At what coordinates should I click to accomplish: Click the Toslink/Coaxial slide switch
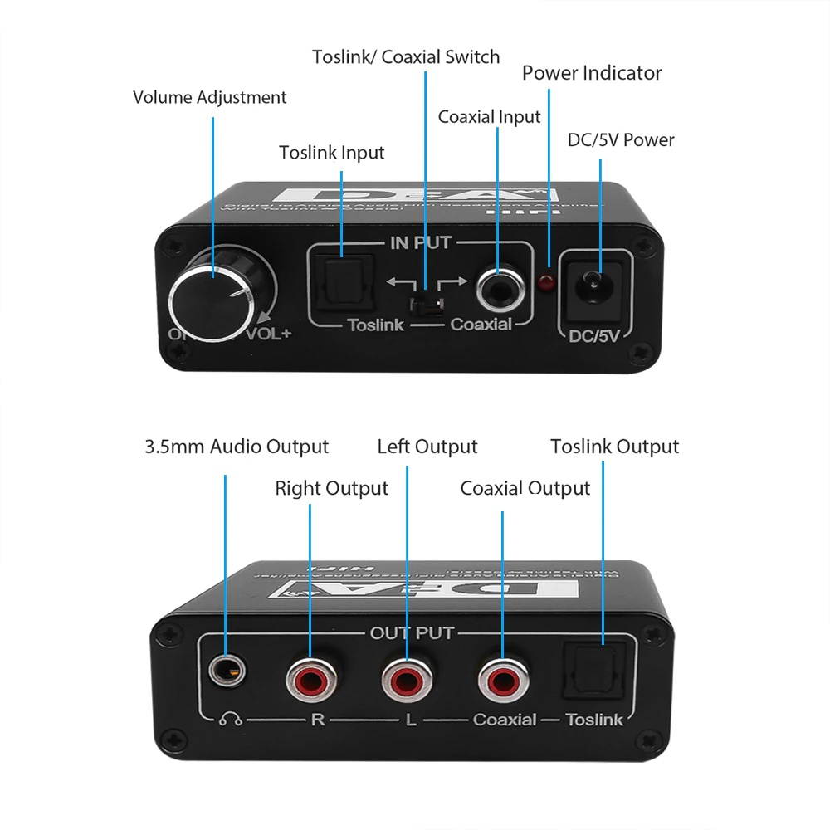[x=425, y=300]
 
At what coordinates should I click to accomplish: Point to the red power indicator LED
[x=548, y=283]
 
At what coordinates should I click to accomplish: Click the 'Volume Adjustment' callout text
[x=209, y=97]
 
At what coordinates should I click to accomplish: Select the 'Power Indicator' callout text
[x=592, y=73]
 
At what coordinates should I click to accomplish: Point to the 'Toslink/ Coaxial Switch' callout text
[x=406, y=56]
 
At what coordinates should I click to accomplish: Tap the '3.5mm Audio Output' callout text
[x=237, y=447]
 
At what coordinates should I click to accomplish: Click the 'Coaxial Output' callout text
[x=525, y=488]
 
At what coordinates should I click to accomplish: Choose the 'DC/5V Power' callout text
[x=621, y=139]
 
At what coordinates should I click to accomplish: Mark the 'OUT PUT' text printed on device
[x=412, y=633]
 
